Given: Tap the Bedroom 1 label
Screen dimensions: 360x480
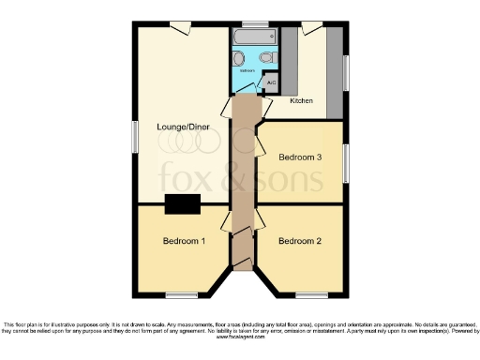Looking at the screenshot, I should point(184,241).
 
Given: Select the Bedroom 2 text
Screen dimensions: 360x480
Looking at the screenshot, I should point(300,241).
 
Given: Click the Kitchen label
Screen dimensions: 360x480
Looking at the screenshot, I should point(301,100).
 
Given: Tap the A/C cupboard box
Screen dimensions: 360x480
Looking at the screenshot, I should point(272,82).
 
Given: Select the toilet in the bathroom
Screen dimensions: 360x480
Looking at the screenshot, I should point(267,57).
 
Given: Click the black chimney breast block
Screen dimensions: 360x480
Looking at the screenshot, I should point(181,203).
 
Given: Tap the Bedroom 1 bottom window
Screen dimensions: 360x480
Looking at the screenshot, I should point(182,295).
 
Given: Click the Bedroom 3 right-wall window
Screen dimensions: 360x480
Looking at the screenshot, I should point(346,163).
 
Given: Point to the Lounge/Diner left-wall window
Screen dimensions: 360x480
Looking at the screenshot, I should point(135,138).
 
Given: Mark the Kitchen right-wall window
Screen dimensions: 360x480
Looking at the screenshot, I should point(346,73).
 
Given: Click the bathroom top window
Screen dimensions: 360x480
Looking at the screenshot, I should point(251,23).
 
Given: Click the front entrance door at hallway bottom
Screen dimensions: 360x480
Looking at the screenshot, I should point(241,262).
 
